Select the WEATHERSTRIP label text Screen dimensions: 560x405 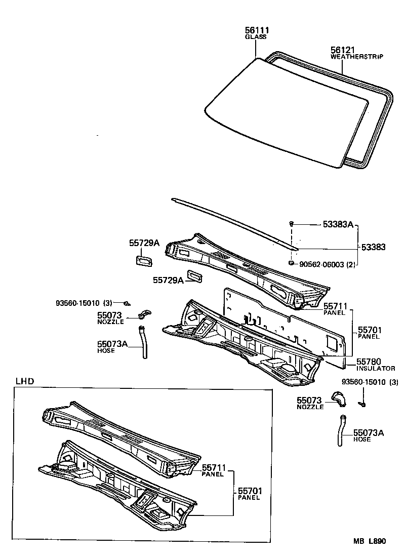pos(356,57)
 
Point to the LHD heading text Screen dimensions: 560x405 pos(25,381)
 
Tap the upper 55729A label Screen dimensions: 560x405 pos(144,243)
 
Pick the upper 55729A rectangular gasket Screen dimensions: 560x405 pos(143,260)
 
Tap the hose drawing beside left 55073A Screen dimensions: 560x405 pos(143,343)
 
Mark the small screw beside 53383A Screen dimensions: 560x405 pos(292,224)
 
